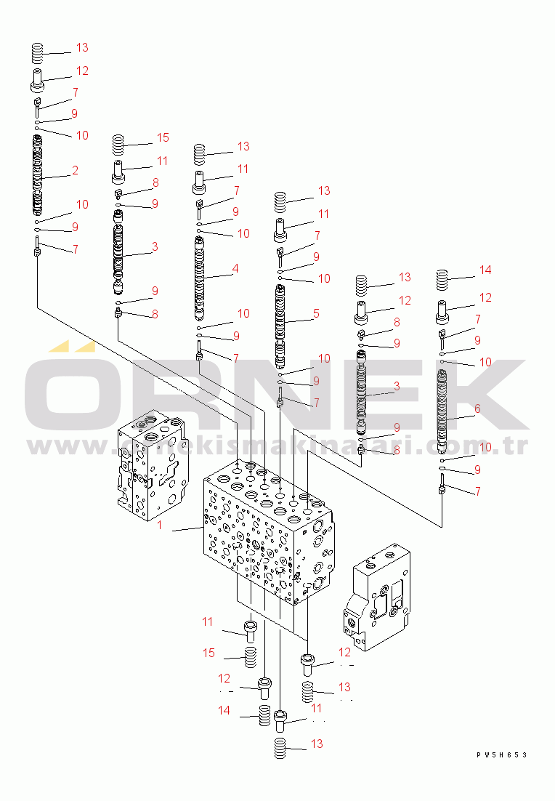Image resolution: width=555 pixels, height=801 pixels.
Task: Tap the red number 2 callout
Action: pos(75,170)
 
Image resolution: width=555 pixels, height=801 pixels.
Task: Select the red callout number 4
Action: pos(235,268)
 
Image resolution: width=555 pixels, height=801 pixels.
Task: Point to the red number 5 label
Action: pos(316,313)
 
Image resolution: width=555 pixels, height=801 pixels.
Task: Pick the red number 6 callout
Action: pos(477,408)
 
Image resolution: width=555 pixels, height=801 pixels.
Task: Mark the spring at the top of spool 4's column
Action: pos(199,155)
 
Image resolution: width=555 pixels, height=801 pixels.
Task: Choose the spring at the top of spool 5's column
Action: pos(280,198)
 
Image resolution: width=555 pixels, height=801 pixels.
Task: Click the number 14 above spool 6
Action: pos(485,270)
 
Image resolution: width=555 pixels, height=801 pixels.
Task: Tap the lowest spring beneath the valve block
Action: pos(280,747)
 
